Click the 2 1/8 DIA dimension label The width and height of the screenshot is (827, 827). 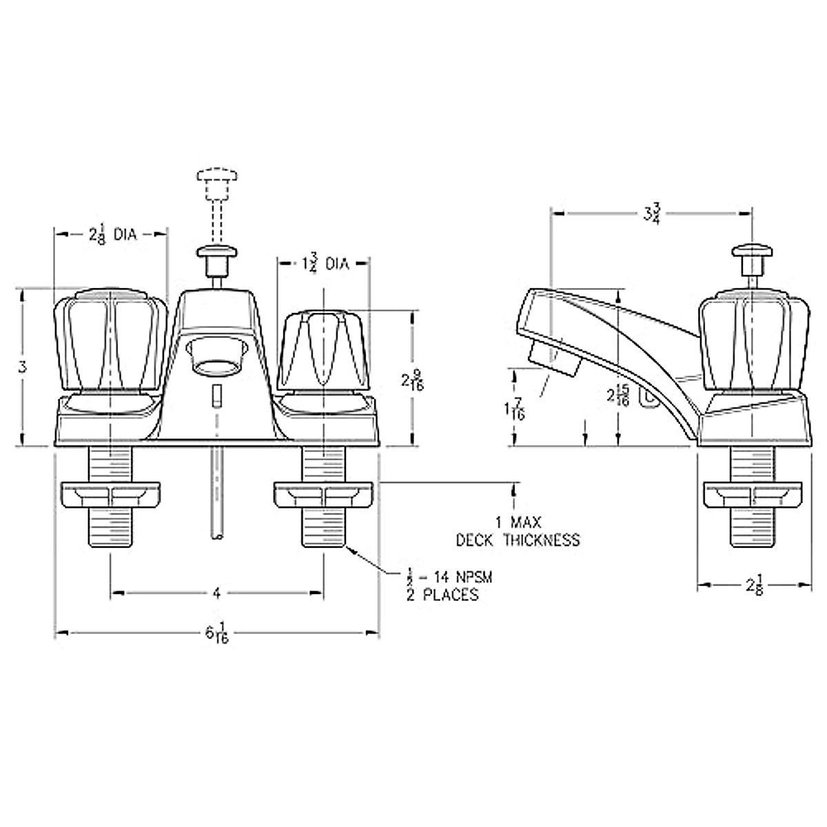[112, 235]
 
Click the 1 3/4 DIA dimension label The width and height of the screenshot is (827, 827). [324, 264]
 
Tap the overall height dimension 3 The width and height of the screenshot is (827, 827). [23, 367]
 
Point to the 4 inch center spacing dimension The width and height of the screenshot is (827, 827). [216, 592]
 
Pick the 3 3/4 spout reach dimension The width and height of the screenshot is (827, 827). [651, 214]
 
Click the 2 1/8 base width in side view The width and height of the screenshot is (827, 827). [753, 586]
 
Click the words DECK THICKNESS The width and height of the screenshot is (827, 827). [518, 540]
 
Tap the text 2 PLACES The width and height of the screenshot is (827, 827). [442, 595]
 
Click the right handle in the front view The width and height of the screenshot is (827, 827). [323, 349]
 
